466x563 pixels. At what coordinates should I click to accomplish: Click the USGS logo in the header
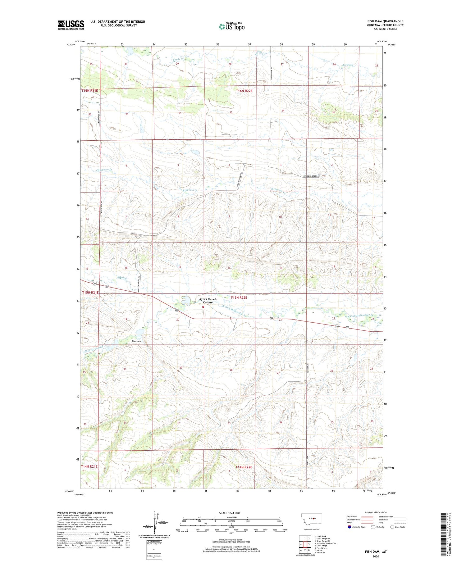(x=71, y=25)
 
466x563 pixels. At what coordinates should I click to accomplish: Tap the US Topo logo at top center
(x=231, y=26)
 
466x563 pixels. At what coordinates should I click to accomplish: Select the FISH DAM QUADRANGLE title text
(x=385, y=21)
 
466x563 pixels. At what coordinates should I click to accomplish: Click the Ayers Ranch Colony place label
(x=208, y=301)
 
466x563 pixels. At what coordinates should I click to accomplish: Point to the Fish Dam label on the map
(x=136, y=341)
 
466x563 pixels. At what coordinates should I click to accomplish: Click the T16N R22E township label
(x=244, y=91)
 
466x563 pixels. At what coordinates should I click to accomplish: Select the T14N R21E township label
(x=89, y=466)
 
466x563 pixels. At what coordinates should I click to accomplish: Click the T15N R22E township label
(x=239, y=297)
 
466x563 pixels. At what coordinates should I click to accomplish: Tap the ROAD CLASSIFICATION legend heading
(x=376, y=512)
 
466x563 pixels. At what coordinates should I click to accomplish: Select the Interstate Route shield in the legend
(x=349, y=527)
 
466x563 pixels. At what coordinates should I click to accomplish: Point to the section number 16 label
(x=229, y=268)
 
